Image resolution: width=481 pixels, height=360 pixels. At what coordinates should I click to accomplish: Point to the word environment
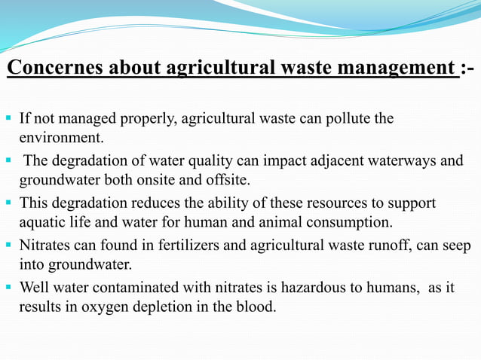(x=61, y=139)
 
